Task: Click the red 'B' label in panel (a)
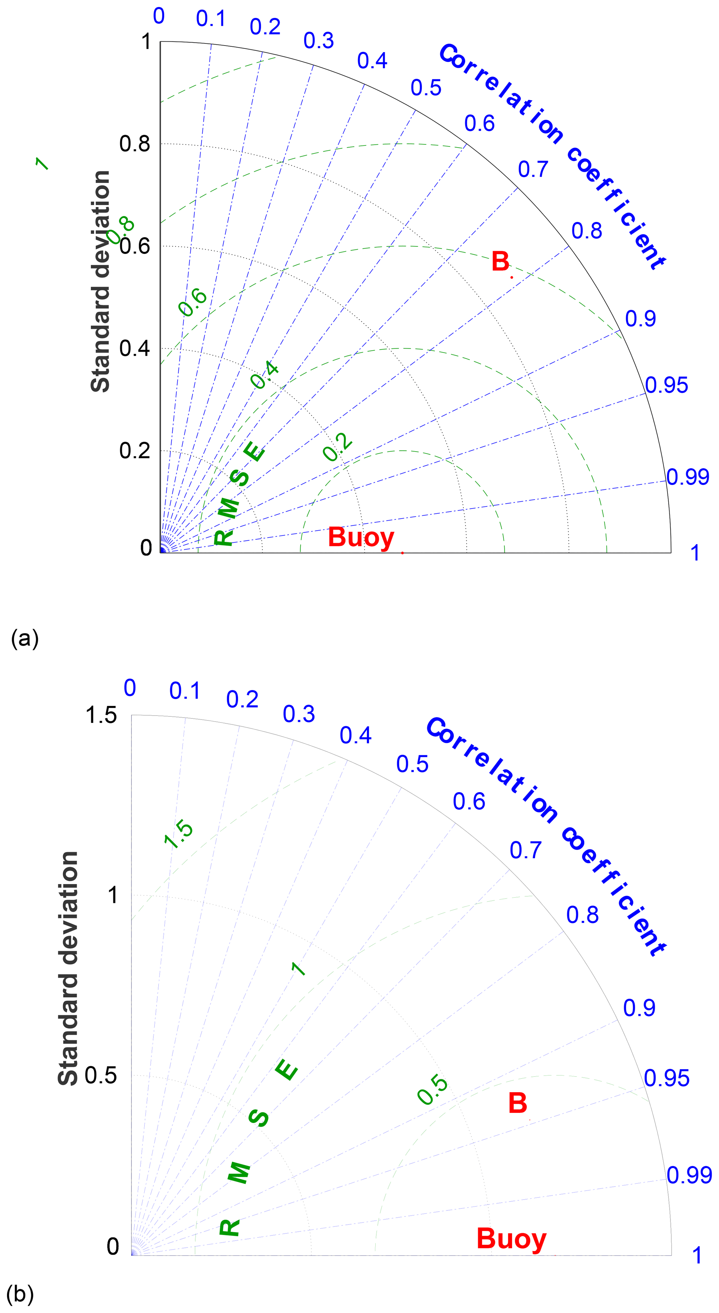coord(500,262)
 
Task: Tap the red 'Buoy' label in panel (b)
coord(511,1239)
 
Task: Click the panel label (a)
coord(24,638)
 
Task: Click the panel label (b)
coord(21,1293)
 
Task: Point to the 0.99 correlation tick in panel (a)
coord(687,477)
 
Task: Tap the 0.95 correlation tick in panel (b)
coord(666,1079)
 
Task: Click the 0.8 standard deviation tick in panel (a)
coord(135,144)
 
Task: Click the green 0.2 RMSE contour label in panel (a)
coord(337,447)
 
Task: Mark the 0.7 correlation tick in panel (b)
coord(525,850)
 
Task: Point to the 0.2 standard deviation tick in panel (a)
coord(135,451)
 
